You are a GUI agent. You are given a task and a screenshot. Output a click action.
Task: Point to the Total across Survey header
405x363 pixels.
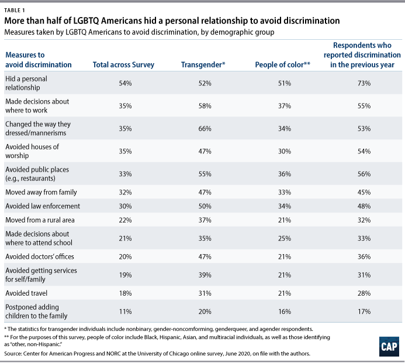tap(125, 64)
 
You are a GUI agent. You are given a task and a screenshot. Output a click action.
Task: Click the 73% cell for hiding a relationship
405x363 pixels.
tap(365, 84)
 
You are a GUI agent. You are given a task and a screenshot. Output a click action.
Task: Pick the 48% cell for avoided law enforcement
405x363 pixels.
tap(365, 207)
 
